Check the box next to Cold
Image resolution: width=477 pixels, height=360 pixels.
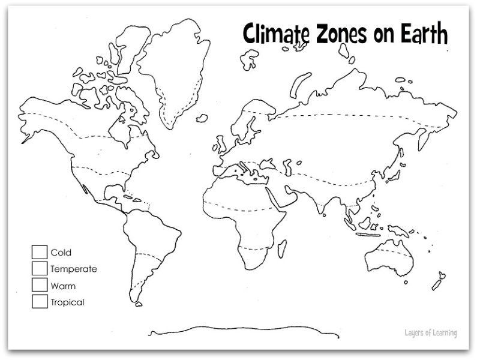(x=40, y=253)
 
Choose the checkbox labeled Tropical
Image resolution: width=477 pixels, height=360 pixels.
(x=40, y=302)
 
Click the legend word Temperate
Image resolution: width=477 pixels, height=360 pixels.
(x=74, y=269)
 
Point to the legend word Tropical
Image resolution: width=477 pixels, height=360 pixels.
(x=67, y=302)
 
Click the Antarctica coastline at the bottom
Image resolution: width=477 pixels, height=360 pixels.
(x=240, y=330)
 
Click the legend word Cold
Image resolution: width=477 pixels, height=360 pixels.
(x=61, y=253)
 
